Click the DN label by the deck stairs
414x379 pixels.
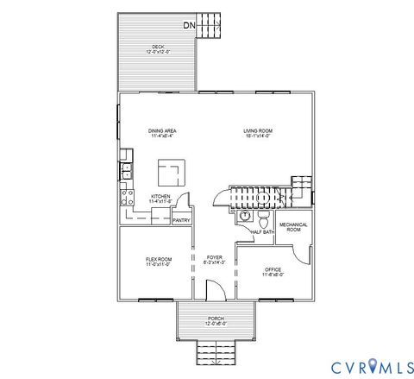click(x=189, y=25)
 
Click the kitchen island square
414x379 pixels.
click(x=169, y=172)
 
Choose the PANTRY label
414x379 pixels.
click(x=181, y=220)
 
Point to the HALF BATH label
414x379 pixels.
click(x=262, y=231)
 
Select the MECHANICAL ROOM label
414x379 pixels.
click(x=294, y=227)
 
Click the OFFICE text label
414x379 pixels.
click(x=273, y=271)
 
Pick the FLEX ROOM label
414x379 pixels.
click(x=158, y=261)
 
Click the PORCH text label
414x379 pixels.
click(x=215, y=320)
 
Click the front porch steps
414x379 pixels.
click(x=215, y=351)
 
